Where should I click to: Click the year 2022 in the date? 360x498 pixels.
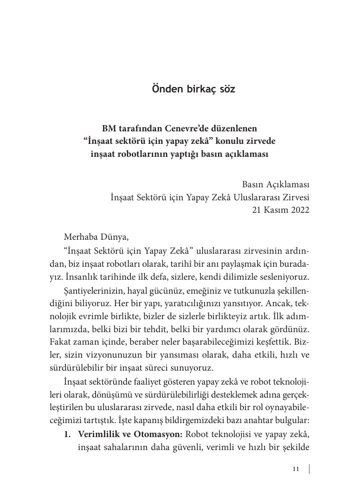click(x=298, y=210)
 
